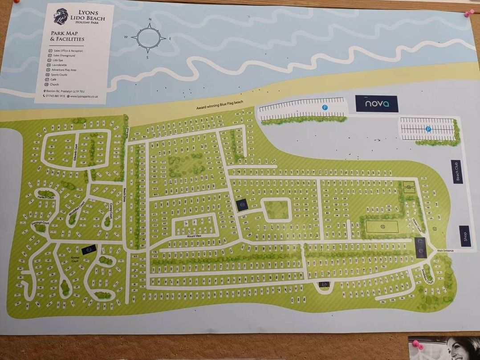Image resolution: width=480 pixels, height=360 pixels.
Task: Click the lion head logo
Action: click(x=61, y=16)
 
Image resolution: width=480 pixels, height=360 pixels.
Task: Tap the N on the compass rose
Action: click(x=151, y=20)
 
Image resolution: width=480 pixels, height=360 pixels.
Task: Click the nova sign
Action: click(x=376, y=104)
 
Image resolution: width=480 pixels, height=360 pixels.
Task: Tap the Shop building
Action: click(x=465, y=236)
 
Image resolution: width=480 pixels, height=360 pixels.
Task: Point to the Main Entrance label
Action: click(x=445, y=251)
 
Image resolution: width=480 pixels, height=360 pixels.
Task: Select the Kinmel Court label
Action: click(x=74, y=260)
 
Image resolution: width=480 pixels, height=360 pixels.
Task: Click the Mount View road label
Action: click(x=194, y=236)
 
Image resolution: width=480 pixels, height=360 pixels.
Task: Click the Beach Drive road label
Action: click(x=125, y=196)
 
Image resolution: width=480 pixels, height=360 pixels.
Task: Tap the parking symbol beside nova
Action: click(x=325, y=107)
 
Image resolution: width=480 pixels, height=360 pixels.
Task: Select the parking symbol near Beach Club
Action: click(x=428, y=129)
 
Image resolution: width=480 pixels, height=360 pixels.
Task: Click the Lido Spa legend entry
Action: click(x=58, y=60)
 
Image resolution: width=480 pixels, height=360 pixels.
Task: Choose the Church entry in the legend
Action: click(x=54, y=84)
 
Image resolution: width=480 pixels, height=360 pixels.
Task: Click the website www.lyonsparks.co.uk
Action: click(x=84, y=96)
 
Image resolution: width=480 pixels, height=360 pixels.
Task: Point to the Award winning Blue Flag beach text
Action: click(x=220, y=105)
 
